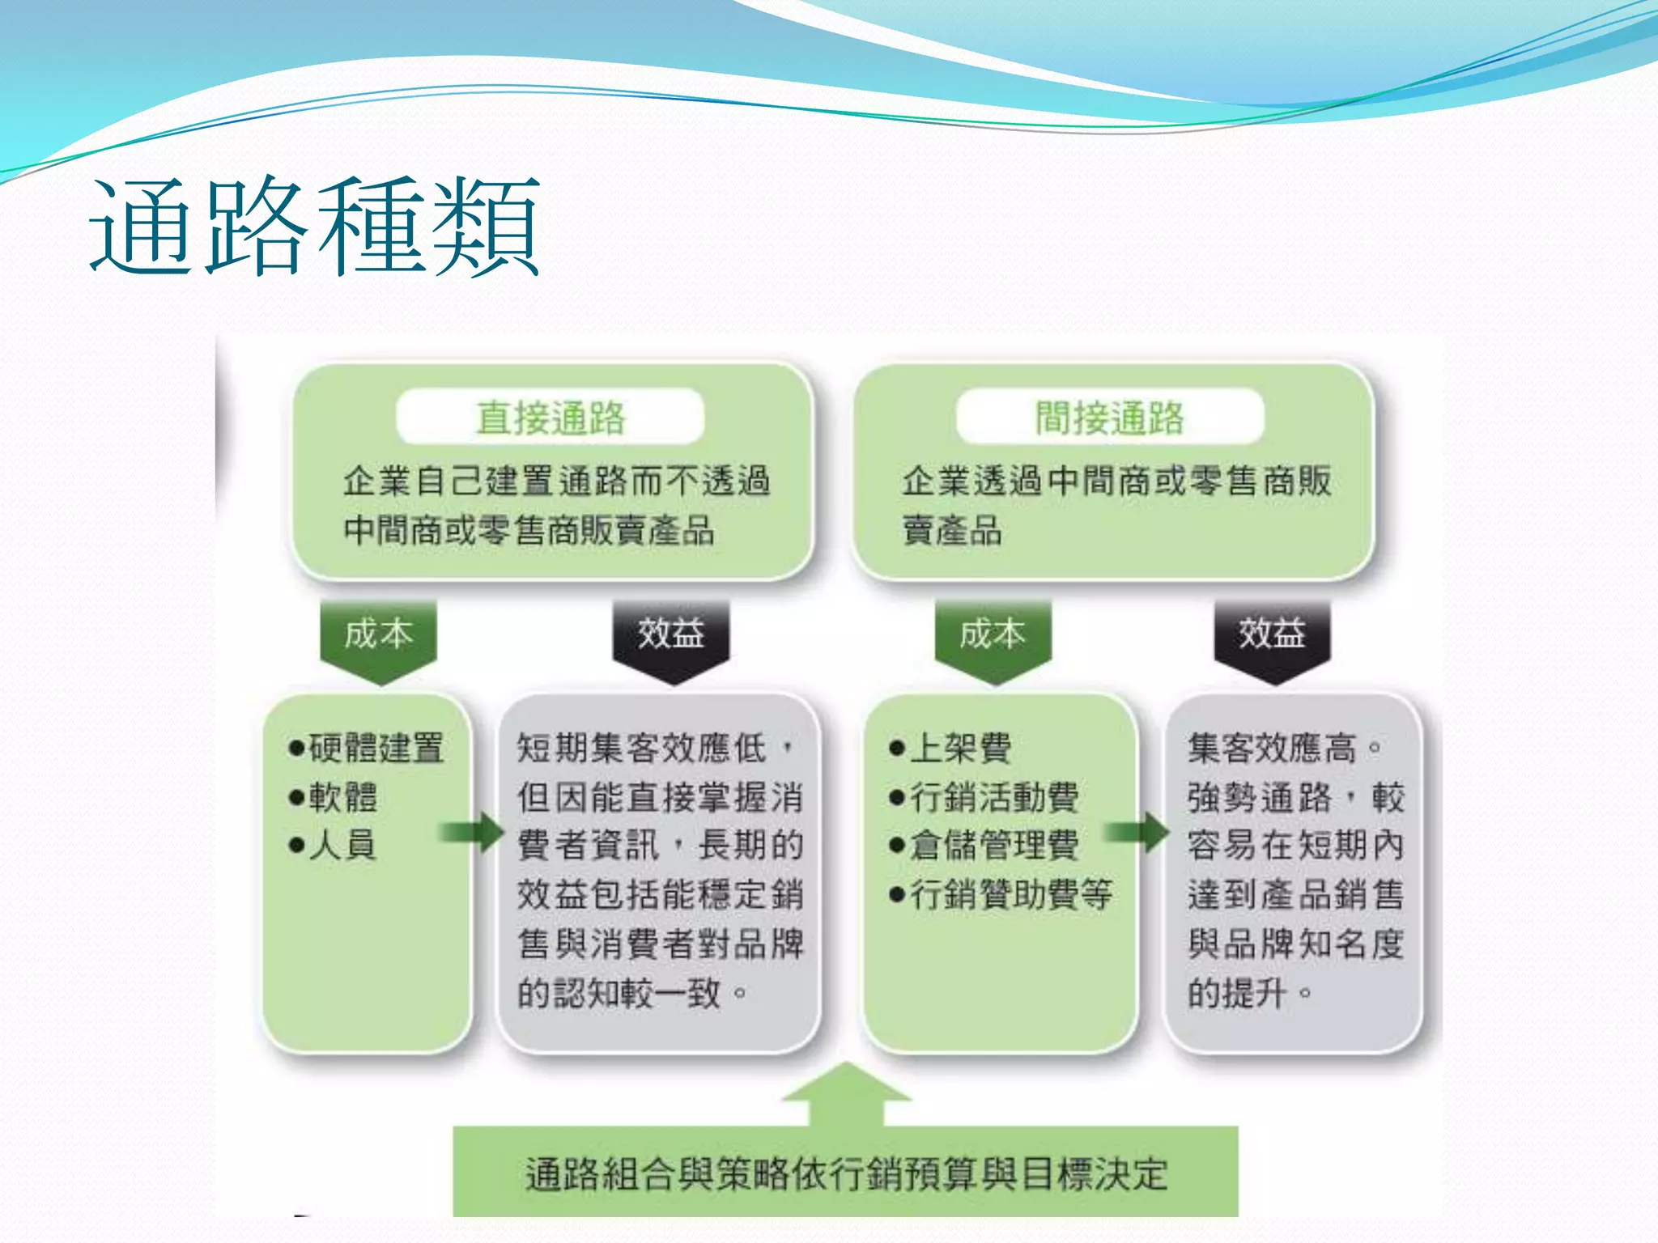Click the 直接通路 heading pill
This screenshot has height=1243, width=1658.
point(551,418)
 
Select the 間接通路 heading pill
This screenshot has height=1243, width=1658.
point(1110,418)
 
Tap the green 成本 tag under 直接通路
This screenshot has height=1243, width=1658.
point(378,634)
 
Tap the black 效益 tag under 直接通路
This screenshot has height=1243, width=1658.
point(671,634)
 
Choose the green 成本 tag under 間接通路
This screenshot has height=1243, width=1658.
point(993,634)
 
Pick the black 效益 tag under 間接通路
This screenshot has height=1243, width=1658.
point(1272,634)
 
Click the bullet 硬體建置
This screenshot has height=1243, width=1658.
point(366,748)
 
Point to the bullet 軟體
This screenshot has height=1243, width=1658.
point(334,797)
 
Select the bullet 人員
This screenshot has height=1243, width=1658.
point(334,846)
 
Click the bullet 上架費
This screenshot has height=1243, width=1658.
point(951,748)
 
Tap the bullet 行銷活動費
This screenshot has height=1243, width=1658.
point(984,797)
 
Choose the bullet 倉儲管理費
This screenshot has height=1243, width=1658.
point(984,846)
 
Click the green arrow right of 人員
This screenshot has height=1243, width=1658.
point(473,832)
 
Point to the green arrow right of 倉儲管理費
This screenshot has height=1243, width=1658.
point(1138,832)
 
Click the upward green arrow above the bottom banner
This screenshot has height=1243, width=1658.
point(847,1092)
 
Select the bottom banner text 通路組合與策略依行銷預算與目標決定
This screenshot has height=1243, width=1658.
point(846,1174)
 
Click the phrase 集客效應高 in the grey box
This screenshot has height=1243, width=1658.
point(1272,748)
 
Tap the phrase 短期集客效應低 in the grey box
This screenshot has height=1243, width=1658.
point(641,748)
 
